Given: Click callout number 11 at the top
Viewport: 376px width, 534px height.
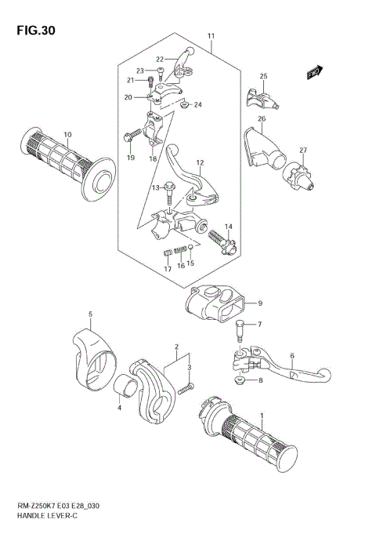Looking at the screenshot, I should coord(211,37).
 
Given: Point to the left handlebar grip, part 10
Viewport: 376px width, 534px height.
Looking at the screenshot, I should coord(67,162).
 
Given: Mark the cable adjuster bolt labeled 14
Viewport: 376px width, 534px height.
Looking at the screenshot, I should coord(219,238).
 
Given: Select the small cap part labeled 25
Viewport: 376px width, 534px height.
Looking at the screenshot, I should coord(258,97).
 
